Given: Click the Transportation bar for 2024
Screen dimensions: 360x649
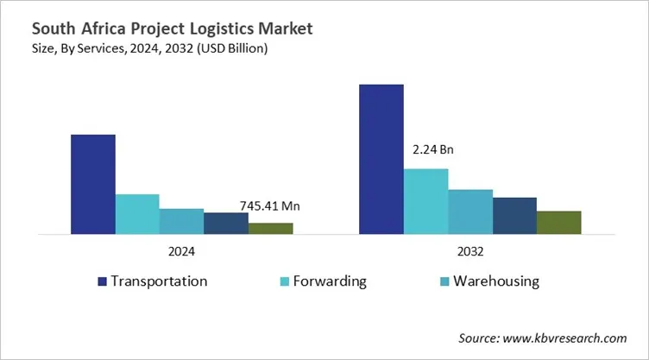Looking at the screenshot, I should pos(92,184).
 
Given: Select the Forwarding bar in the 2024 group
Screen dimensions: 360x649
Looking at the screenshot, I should pos(137,214).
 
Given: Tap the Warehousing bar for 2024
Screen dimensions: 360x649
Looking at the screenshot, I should pos(181,221).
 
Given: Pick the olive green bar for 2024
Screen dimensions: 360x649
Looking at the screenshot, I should pos(271,228).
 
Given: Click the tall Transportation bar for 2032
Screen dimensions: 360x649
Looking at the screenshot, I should pos(381,159).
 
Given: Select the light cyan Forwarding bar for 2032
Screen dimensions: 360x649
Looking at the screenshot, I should pos(426,201).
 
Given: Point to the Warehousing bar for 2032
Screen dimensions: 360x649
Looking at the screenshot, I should pos(470,212).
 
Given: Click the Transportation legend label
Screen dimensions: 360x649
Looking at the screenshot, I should pos(160,281).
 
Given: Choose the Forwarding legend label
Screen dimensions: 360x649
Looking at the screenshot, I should pos(329,281).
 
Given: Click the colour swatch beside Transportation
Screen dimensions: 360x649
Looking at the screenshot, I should pos(102,282).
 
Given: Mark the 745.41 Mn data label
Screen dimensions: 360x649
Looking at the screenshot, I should pos(270,206).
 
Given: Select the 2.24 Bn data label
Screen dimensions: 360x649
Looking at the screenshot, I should pos(432,149).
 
